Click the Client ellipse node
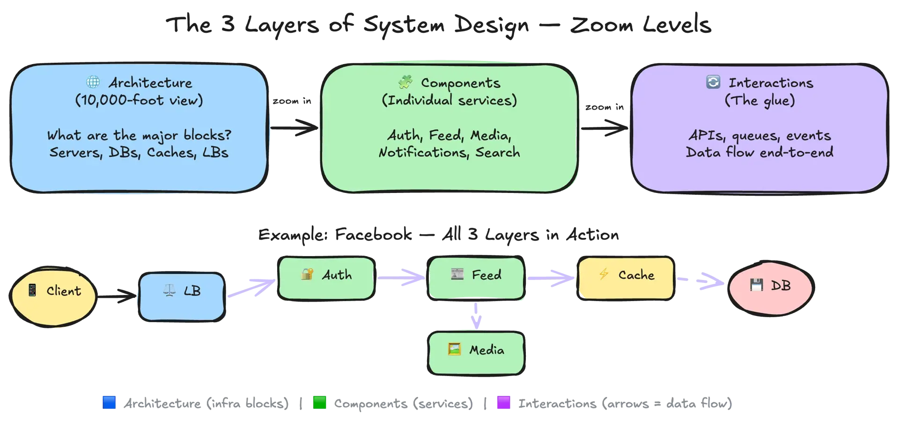tap(53, 295)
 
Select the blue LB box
tap(182, 297)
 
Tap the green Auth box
tap(326, 278)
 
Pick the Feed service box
tap(476, 278)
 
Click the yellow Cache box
tap(626, 278)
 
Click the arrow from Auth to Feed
tap(401, 278)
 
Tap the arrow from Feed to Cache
tap(551, 278)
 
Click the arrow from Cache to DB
tap(702, 281)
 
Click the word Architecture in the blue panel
tap(150, 83)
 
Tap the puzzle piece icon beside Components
tap(405, 82)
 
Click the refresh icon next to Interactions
tap(713, 82)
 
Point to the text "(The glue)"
tap(759, 101)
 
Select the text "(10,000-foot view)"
tap(139, 101)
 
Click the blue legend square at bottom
tap(109, 403)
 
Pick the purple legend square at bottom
tap(503, 403)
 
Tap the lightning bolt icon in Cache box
tap(604, 274)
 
